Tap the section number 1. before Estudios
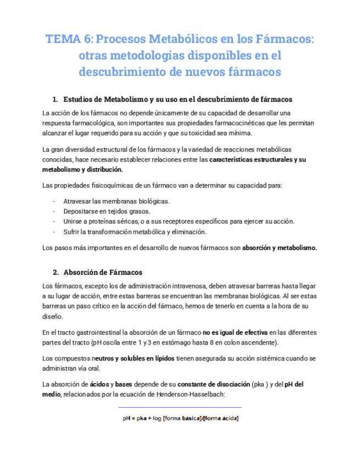[x=55, y=99]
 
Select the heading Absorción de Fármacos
[x=103, y=272]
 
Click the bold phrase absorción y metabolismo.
[x=279, y=248]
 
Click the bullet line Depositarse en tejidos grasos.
[x=107, y=211]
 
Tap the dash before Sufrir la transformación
[x=54, y=231]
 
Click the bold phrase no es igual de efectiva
[x=235, y=332]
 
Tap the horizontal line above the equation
[x=180, y=407]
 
